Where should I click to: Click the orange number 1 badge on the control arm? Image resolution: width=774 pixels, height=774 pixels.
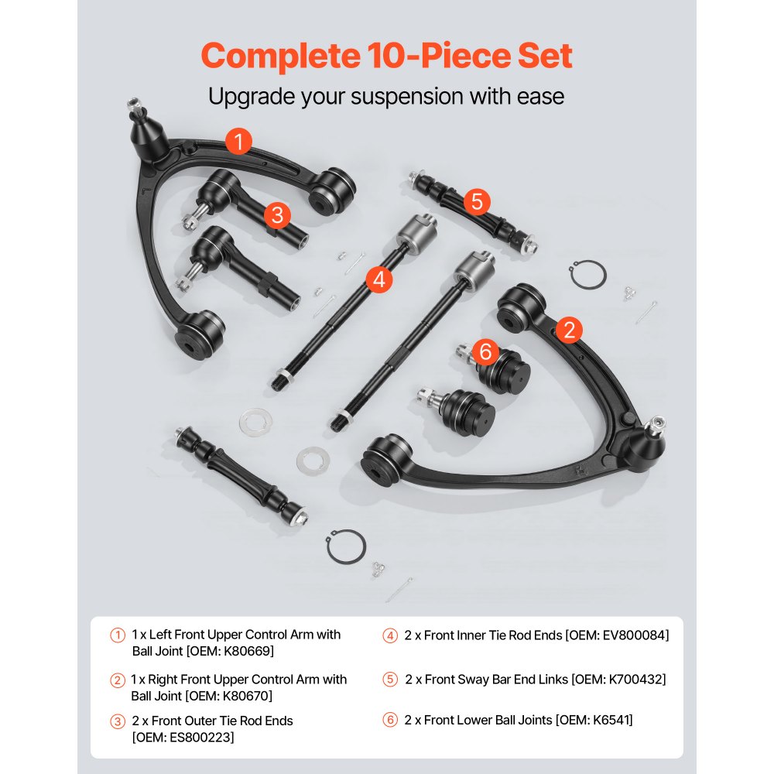[239, 141]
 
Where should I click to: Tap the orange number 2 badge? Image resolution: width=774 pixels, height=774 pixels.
[569, 330]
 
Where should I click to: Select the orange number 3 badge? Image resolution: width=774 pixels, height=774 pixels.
[276, 215]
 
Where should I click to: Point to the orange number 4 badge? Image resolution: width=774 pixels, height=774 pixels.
[377, 279]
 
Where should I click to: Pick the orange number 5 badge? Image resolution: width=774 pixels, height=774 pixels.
[477, 202]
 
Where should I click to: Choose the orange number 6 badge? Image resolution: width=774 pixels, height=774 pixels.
[485, 351]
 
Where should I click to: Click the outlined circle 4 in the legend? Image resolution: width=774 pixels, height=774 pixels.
[390, 636]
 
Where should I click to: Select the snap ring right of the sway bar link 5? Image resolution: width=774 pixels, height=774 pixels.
[587, 275]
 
